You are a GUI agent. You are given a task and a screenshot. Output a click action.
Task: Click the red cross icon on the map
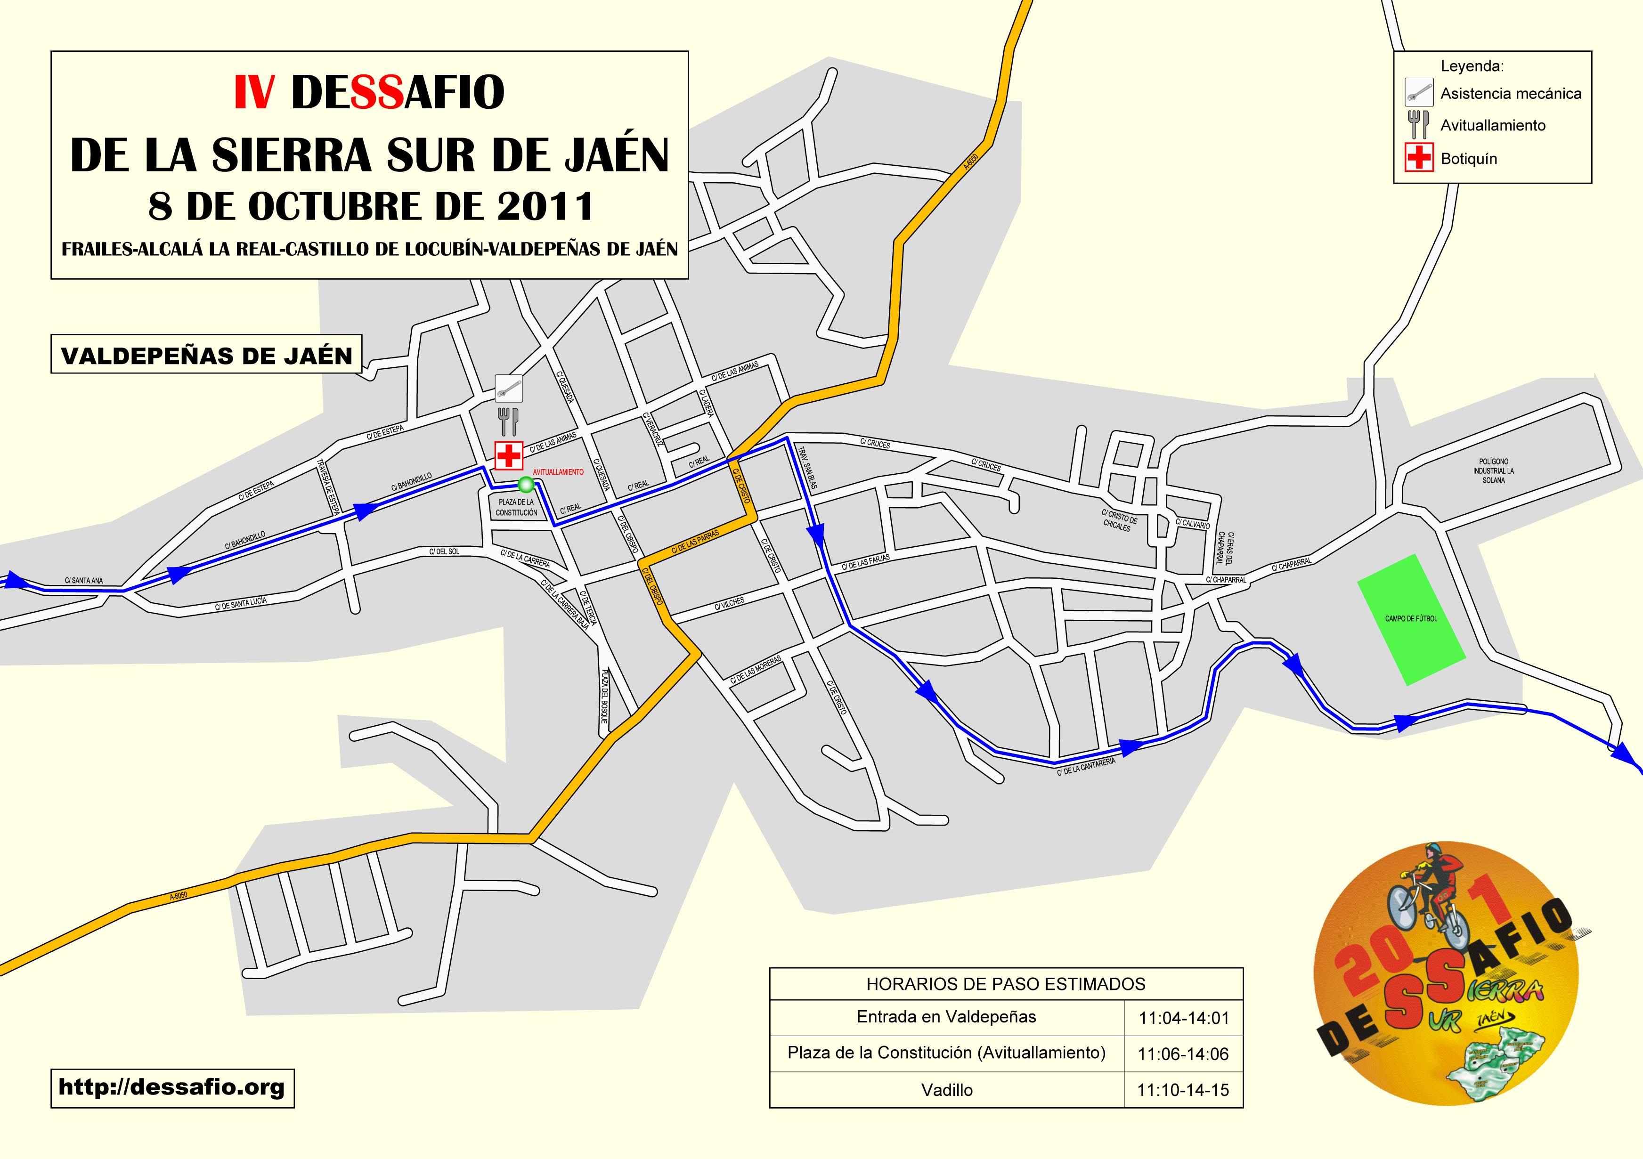(x=509, y=455)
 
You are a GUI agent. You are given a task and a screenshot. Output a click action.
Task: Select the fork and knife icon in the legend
(x=1418, y=125)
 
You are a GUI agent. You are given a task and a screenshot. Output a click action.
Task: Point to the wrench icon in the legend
(x=1418, y=93)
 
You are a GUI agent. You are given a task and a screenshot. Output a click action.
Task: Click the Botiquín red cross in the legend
(x=1418, y=158)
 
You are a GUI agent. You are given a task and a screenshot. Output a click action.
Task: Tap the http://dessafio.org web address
(x=172, y=1088)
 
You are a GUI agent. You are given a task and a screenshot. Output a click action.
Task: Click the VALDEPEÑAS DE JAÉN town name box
(x=207, y=355)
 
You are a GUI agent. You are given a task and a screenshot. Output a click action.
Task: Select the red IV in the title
(x=253, y=93)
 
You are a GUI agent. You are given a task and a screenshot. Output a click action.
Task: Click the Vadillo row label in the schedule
(x=947, y=1090)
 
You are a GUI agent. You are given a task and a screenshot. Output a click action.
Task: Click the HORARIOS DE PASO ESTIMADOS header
(x=1005, y=984)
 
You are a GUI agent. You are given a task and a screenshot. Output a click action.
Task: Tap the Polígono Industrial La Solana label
(x=1493, y=471)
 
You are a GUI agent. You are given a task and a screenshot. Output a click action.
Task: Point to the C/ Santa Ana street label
(x=84, y=580)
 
